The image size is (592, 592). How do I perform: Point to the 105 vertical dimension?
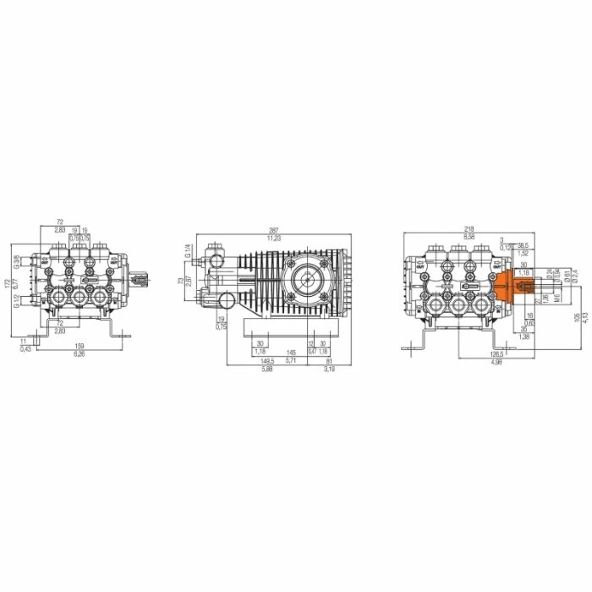577,316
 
